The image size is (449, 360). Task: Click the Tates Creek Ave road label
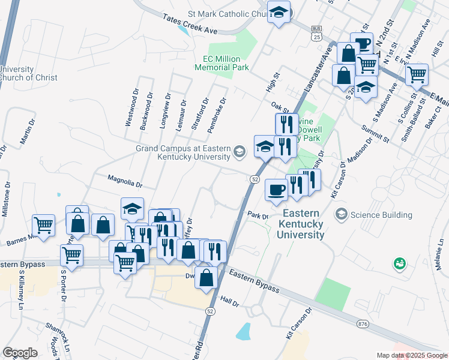pos(190,24)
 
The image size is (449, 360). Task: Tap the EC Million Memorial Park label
pos(221,64)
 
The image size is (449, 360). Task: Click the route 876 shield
pos(362,324)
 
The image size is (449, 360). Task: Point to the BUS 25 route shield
pos(316,33)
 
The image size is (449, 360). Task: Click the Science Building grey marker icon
pos(342,214)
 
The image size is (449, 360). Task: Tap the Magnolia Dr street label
pos(124,178)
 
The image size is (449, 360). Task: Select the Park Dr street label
pos(256,215)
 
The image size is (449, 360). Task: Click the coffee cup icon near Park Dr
pos(276,190)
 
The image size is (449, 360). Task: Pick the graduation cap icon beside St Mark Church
pos(279,12)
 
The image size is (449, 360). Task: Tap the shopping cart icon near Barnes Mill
pos(44,226)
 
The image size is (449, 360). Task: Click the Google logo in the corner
pos(20,353)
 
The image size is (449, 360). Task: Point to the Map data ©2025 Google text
pos(412,355)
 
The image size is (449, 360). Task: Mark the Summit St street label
pos(375,134)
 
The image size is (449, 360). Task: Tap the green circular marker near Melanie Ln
pos(399,263)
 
